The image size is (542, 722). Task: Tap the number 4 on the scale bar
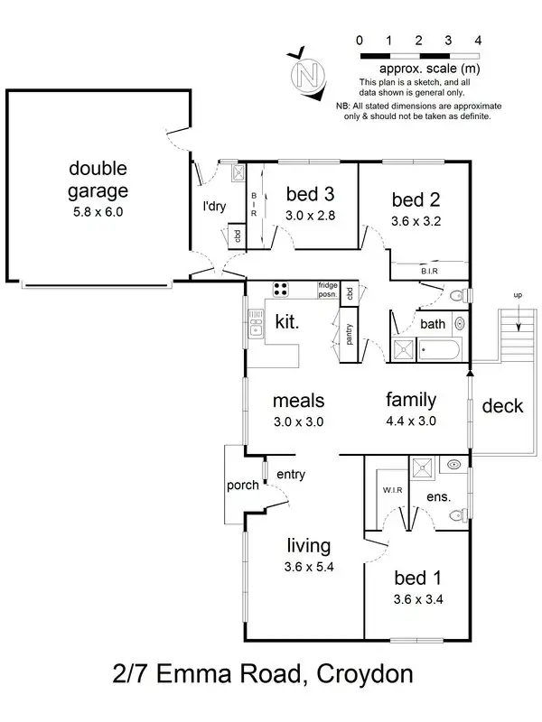point(478,40)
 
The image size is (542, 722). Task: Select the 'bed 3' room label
point(310,193)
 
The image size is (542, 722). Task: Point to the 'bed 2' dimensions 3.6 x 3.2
point(416,219)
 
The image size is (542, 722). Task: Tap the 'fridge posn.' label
point(327,289)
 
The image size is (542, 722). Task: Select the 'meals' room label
point(298,400)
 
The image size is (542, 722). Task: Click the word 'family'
point(411,399)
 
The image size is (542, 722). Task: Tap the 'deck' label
point(502,406)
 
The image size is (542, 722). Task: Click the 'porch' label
point(243,485)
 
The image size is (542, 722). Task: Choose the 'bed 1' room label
point(416,578)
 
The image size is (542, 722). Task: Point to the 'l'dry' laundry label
point(214,206)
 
